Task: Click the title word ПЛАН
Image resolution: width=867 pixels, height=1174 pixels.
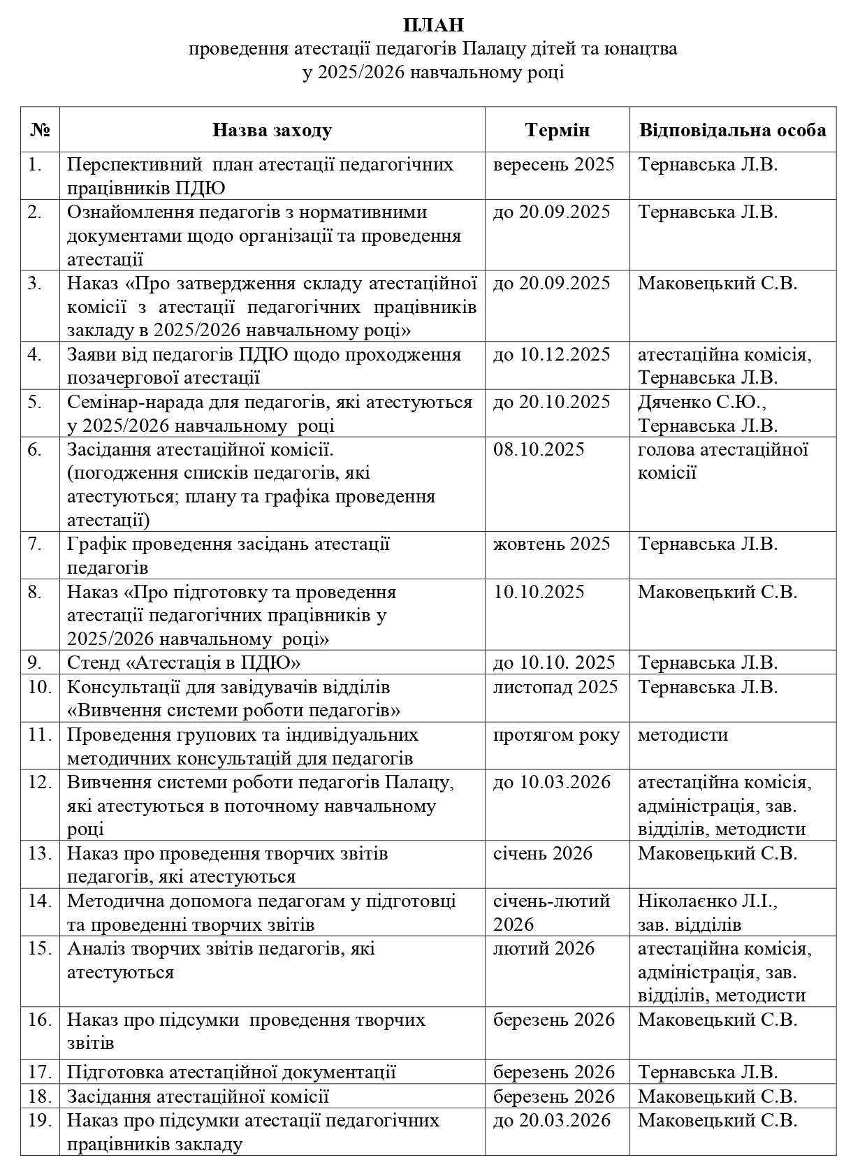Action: (433, 26)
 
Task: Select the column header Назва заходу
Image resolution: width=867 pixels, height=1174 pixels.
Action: (272, 131)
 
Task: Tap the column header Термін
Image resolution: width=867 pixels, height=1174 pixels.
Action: (557, 131)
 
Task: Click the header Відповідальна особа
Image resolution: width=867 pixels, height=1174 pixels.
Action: (732, 131)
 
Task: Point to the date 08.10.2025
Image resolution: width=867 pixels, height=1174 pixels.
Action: (539, 449)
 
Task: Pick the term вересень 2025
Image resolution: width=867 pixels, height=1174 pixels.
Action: (553, 165)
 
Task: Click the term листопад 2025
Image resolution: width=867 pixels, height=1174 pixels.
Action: (555, 687)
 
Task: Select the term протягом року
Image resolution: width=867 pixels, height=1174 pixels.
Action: (556, 735)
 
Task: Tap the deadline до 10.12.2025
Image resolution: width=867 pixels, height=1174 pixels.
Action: (551, 354)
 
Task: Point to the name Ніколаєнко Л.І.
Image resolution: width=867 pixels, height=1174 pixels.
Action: (707, 901)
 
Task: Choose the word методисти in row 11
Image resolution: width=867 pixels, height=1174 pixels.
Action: (683, 735)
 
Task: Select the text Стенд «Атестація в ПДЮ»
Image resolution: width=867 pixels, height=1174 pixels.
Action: (184, 662)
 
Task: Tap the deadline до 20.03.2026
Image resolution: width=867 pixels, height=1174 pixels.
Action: (551, 1120)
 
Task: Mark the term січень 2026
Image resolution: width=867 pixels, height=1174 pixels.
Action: (543, 853)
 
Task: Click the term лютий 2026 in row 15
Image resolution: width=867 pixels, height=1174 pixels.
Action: (544, 948)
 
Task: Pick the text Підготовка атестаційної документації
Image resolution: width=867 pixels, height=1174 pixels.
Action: (232, 1072)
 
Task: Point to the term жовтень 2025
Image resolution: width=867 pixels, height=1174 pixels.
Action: (551, 544)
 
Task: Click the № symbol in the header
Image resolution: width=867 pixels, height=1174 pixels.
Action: (40, 131)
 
